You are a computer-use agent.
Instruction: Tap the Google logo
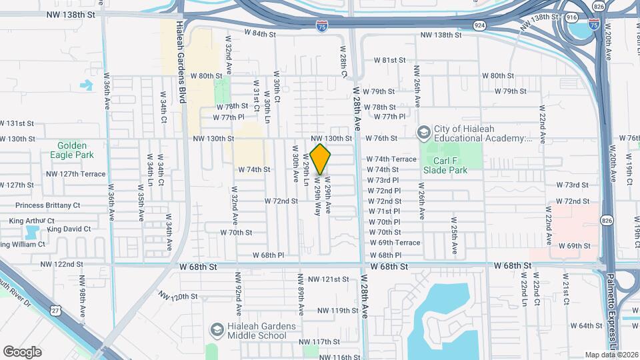pos(22,352)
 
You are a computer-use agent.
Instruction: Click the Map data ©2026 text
pos(611,355)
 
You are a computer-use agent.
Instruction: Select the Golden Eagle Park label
pos(76,150)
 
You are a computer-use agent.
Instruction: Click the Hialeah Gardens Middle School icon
pos(217,330)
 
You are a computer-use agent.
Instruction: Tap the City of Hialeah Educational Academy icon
pos(423,133)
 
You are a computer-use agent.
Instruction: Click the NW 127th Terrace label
pos(76,174)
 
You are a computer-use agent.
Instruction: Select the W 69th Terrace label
pos(395,243)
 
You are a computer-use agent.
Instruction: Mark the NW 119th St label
pos(338,311)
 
